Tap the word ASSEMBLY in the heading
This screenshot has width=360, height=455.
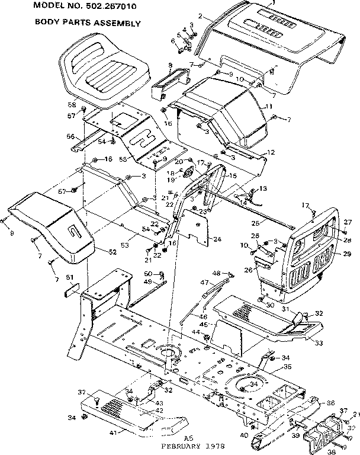pos(118,24)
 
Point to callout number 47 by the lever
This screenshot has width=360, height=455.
pos(205,283)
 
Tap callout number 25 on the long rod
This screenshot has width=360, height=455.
pos(256,223)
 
